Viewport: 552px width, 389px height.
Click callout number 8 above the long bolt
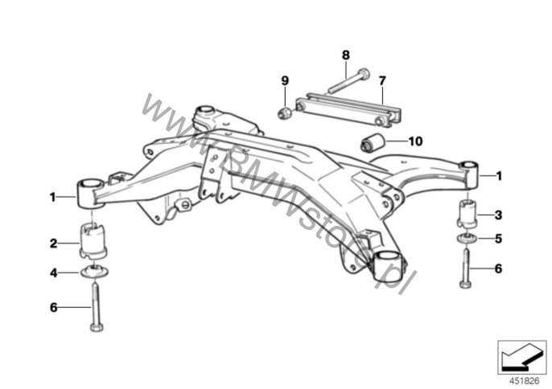pyautogui.click(x=346, y=55)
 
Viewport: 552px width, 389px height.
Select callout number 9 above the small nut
pyautogui.click(x=285, y=81)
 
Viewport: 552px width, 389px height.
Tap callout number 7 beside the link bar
pyautogui.click(x=382, y=81)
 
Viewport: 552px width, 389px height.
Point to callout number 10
pyautogui.click(x=415, y=141)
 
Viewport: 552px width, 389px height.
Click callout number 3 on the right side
pyautogui.click(x=498, y=215)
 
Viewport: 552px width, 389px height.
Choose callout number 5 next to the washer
pyautogui.click(x=498, y=239)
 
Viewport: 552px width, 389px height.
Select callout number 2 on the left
pyautogui.click(x=53, y=244)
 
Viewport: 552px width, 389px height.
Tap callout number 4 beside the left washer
pyautogui.click(x=53, y=272)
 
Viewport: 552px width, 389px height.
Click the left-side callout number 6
pyautogui.click(x=53, y=307)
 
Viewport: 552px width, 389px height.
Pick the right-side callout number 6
pyautogui.click(x=498, y=268)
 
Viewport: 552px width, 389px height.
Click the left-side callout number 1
pyautogui.click(x=53, y=198)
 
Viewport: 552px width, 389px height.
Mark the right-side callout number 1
pyautogui.click(x=499, y=176)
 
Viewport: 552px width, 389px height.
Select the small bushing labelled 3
pyautogui.click(x=467, y=213)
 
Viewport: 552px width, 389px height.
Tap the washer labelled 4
pyautogui.click(x=94, y=272)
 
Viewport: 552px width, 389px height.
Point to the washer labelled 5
pyautogui.click(x=467, y=238)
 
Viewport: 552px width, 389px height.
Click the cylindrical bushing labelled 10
pyautogui.click(x=373, y=142)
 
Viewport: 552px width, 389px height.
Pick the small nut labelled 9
pyautogui.click(x=285, y=113)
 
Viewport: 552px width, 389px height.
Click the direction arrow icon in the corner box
pyautogui.click(x=520, y=358)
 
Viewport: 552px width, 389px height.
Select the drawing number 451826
pyautogui.click(x=524, y=381)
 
